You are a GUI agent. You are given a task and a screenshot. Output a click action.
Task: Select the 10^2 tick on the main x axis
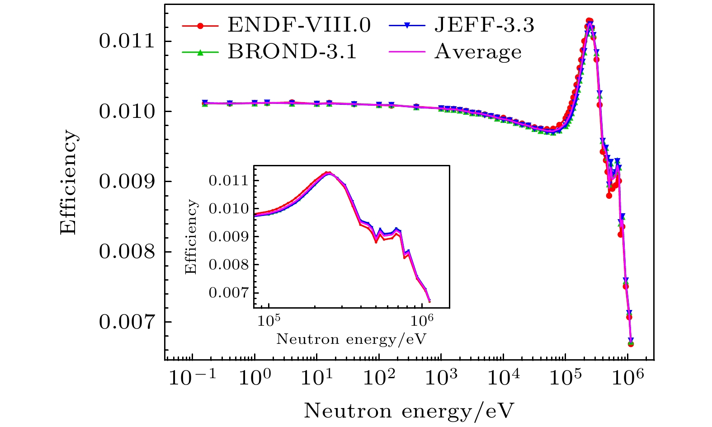[x=379, y=379]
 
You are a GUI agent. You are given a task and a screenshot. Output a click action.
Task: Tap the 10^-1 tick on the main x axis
[x=193, y=379]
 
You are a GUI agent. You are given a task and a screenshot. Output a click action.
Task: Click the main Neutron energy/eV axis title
[x=409, y=411]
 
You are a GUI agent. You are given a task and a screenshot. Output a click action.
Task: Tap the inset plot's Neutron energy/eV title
[x=351, y=339]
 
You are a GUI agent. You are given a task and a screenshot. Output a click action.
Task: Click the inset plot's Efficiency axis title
[x=191, y=237]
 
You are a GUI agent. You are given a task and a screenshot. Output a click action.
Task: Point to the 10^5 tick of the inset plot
[x=269, y=321]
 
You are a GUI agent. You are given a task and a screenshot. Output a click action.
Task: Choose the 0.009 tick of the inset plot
[x=229, y=237]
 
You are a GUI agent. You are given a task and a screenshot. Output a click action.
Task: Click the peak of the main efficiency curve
[x=589, y=21]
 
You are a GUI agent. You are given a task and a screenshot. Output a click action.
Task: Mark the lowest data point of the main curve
[x=631, y=344]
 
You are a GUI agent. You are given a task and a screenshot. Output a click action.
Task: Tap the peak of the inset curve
[x=329, y=173]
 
